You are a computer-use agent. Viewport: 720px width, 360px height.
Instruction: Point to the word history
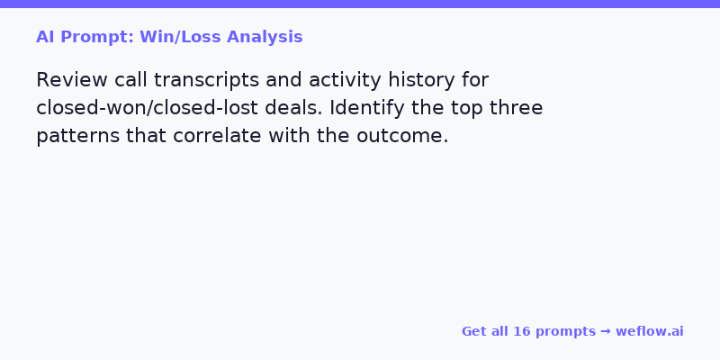[x=427, y=80]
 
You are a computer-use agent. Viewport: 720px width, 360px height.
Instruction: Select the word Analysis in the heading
[x=265, y=37]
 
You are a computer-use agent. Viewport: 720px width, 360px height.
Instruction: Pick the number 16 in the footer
[x=521, y=331]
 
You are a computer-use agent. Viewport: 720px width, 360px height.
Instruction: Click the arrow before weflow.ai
[x=605, y=331]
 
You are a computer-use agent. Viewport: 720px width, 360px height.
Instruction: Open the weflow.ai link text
[x=649, y=331]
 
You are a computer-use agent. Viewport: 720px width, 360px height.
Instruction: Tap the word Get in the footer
[x=474, y=331]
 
